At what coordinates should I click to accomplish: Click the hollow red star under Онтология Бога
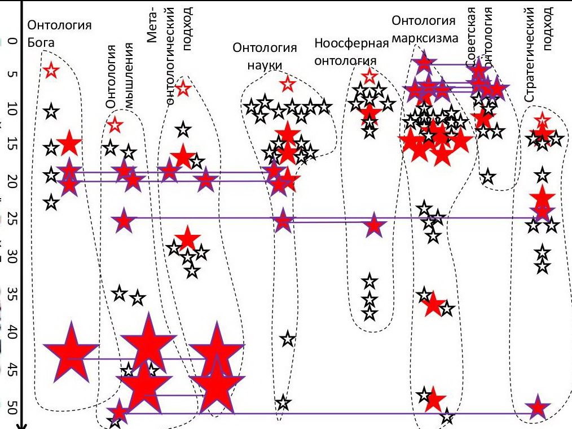click(51, 71)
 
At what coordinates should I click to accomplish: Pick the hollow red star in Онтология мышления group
click(115, 125)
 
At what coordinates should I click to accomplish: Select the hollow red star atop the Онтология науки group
click(288, 84)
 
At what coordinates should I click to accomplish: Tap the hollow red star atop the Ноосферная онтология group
click(369, 76)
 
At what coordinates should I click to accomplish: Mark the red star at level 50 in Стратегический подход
click(538, 407)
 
